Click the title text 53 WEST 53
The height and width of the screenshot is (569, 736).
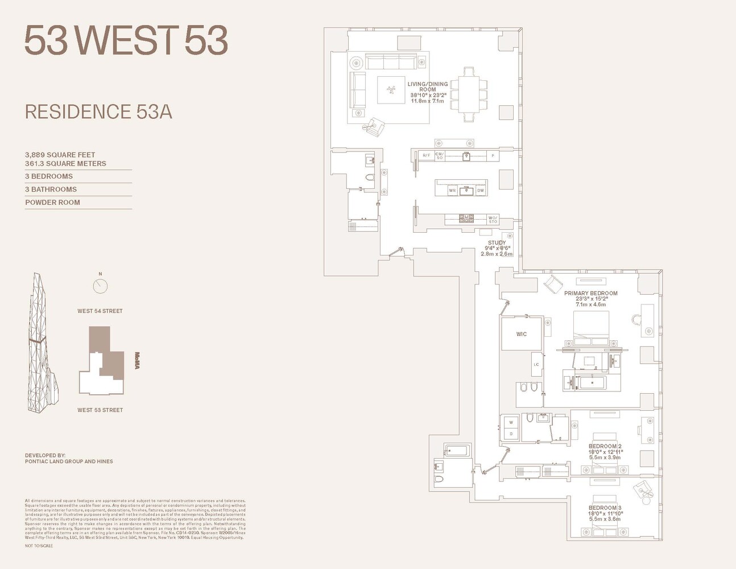pos(126,40)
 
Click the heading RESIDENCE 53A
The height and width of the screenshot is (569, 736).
pos(98,112)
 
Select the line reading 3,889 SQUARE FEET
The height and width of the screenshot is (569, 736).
pos(60,155)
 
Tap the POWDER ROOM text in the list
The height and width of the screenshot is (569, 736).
pos(52,203)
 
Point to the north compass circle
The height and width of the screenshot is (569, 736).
pos(100,286)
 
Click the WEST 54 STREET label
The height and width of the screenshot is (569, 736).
pos(100,311)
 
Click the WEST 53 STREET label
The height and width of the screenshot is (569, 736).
pos(100,410)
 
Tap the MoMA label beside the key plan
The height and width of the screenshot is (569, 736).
pos(137,361)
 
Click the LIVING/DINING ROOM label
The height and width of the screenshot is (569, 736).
pos(428,87)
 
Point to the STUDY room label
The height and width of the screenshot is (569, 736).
pos(497,243)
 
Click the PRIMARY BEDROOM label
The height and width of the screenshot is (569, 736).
pos(590,294)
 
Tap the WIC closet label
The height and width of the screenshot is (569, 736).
pos(521,335)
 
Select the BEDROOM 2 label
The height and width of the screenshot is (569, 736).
pos(605,447)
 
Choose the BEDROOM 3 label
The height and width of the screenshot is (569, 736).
pos(605,508)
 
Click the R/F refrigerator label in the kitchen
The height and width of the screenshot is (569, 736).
pos(426,155)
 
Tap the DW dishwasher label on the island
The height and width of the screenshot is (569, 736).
pos(480,191)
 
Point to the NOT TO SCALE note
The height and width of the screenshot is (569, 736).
pos(39,546)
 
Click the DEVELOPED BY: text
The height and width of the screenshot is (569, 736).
pos(46,456)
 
